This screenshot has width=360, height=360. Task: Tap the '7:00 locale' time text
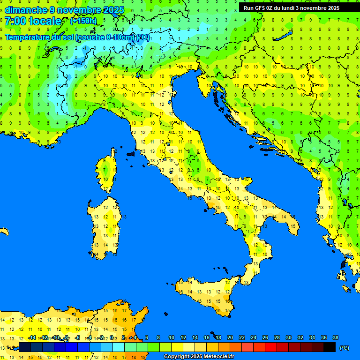(33, 21)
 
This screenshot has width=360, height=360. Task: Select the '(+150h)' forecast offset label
(83, 21)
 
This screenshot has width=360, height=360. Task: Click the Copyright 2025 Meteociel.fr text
(199, 356)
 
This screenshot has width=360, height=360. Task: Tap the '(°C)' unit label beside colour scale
(344, 348)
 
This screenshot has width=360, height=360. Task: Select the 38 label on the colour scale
(336, 337)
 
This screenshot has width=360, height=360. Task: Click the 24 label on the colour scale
(254, 337)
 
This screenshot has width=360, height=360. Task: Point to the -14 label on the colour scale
(32, 337)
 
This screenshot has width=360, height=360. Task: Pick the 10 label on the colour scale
(172, 337)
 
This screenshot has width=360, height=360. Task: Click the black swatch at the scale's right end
(330, 347)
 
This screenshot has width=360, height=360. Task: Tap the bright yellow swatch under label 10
(177, 347)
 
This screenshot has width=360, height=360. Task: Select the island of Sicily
(206, 295)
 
